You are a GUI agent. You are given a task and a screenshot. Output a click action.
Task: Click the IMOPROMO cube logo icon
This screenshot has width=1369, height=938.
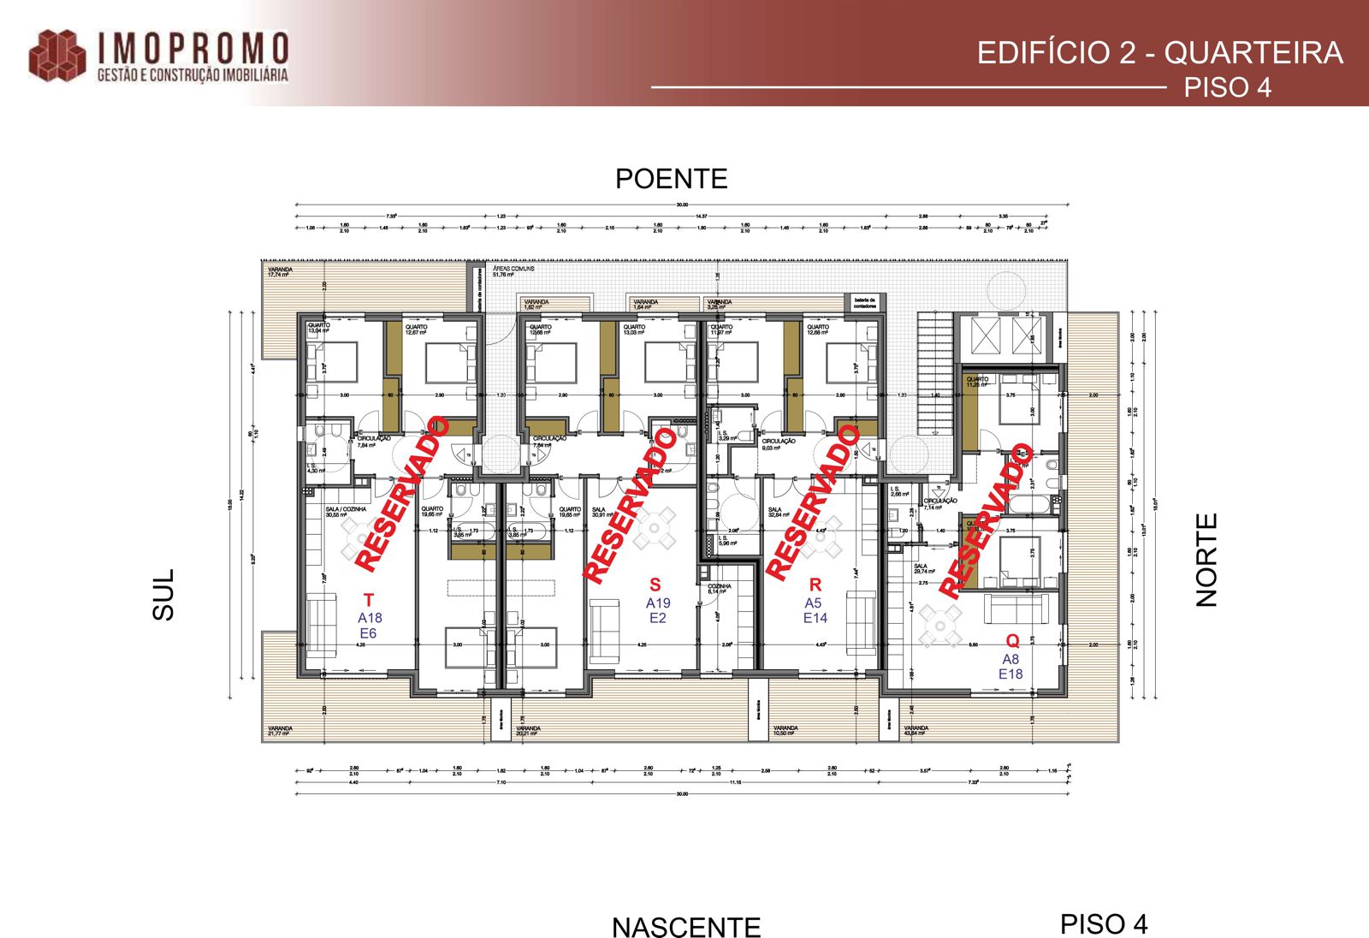click(x=57, y=56)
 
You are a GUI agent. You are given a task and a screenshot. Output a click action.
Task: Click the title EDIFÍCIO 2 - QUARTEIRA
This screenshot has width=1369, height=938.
click(x=1159, y=53)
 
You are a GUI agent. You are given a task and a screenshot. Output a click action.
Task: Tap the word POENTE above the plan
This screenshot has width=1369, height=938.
click(x=671, y=179)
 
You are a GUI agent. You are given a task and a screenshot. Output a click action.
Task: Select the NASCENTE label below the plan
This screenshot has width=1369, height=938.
click(x=685, y=927)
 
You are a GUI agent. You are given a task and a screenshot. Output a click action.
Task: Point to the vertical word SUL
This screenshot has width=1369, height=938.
click(x=163, y=594)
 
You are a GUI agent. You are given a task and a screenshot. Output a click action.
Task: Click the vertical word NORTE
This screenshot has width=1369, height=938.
click(x=1206, y=560)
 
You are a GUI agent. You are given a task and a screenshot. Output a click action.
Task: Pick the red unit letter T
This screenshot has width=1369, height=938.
click(x=369, y=600)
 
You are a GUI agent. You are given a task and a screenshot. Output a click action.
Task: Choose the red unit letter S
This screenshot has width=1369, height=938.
click(x=655, y=585)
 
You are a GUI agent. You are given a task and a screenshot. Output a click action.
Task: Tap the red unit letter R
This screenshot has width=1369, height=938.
click(x=815, y=585)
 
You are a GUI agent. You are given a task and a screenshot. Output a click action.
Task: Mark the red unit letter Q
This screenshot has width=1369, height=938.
click(x=1012, y=641)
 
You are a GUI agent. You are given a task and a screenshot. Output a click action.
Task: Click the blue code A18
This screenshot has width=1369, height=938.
click(x=370, y=618)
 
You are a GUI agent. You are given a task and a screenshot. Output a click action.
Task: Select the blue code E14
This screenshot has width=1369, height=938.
click(x=815, y=618)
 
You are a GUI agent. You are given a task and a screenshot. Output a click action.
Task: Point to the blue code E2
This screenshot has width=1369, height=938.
click(x=657, y=618)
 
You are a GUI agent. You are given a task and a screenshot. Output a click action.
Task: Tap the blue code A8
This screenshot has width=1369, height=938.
click(x=1010, y=659)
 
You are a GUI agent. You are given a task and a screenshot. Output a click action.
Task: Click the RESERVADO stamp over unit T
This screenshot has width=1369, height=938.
click(x=401, y=494)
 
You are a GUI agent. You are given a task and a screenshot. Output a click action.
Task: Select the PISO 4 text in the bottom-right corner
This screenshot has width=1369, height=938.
click(x=1103, y=924)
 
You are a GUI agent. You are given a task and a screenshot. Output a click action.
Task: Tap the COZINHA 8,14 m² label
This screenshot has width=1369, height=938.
click(x=719, y=589)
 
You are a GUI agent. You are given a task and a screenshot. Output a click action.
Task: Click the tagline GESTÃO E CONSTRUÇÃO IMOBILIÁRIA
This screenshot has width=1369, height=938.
click(x=193, y=75)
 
